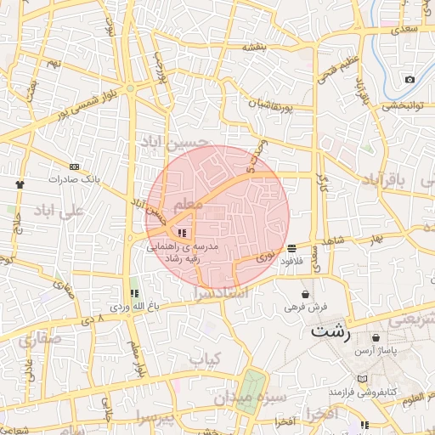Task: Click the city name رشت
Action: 330,331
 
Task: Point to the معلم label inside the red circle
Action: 188,206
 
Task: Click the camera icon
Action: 410,79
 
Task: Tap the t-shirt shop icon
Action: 20,183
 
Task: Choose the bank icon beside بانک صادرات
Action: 75,167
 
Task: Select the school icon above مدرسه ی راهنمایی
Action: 181,232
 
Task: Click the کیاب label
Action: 205,359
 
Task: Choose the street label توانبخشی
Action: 402,106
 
